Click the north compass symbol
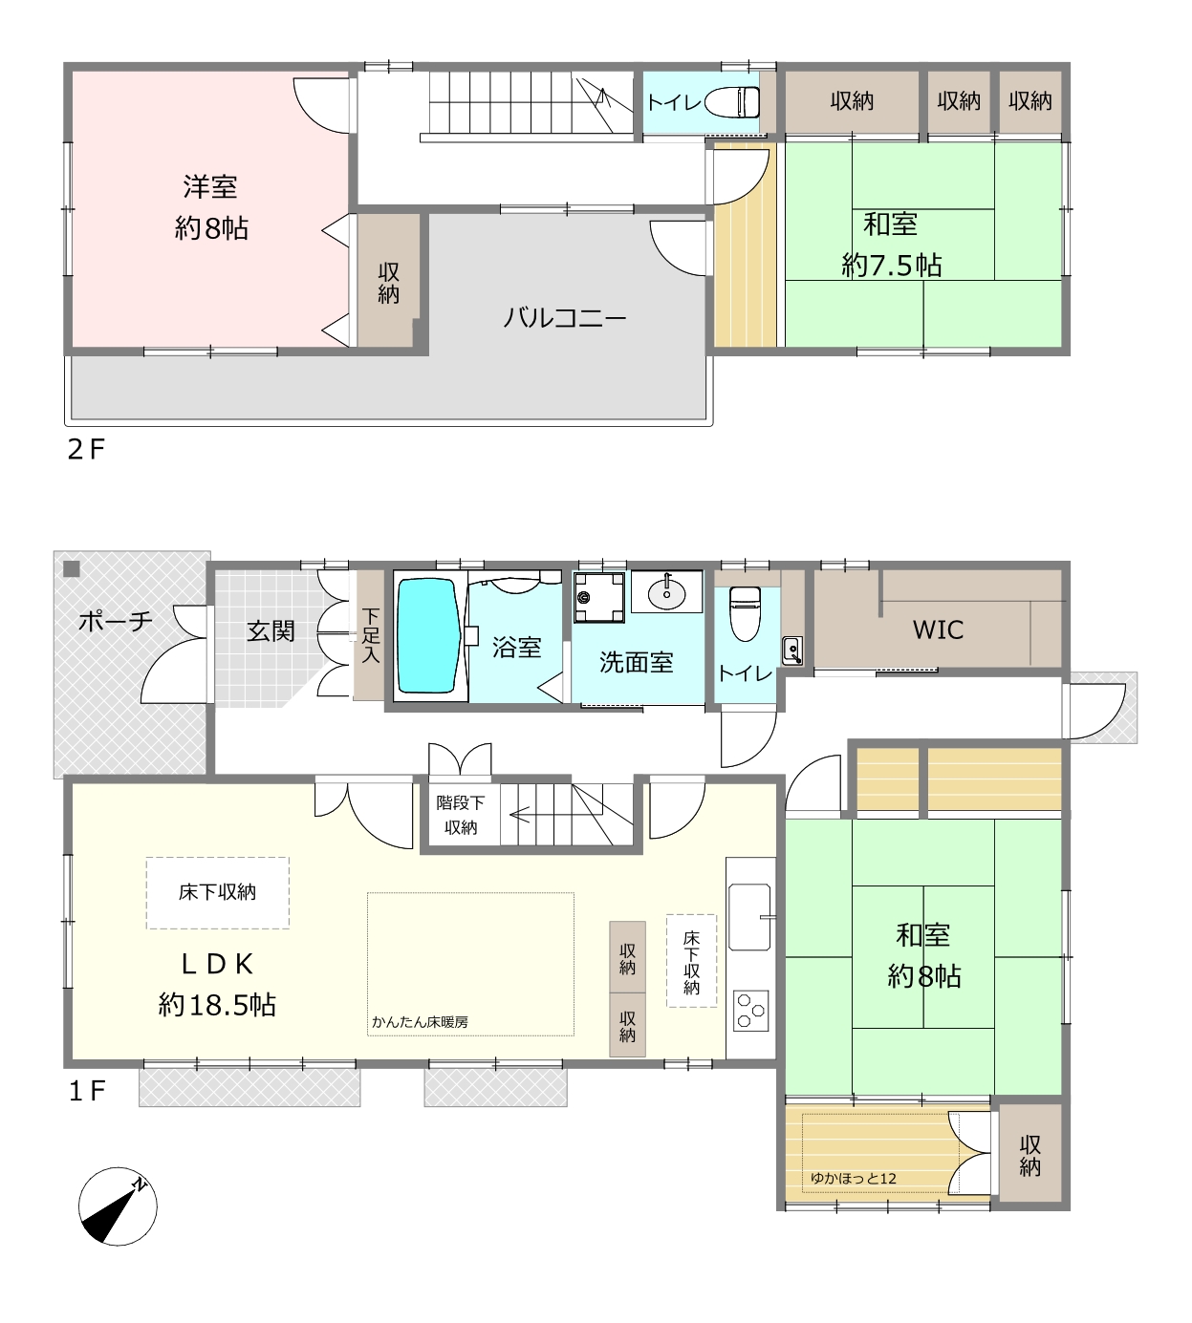tap(118, 1206)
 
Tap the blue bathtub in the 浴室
tap(428, 636)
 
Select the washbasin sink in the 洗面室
tap(666, 593)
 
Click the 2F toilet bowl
tap(732, 102)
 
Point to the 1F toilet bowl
tap(746, 612)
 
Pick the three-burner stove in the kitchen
tap(751, 1011)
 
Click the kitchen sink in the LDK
tap(749, 917)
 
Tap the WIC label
tap(938, 629)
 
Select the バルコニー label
tap(564, 318)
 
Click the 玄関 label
tap(271, 631)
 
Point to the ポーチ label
tap(116, 621)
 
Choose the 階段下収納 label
tap(461, 815)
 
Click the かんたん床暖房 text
tap(420, 1022)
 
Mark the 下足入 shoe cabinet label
tap(371, 635)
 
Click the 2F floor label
tap(86, 450)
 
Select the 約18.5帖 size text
tap(217, 1005)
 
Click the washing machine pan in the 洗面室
tap(598, 598)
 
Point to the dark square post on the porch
tap(72, 569)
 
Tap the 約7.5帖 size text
tap(892, 266)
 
